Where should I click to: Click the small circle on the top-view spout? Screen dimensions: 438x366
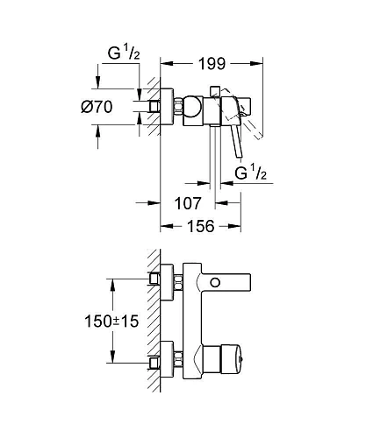[217, 282]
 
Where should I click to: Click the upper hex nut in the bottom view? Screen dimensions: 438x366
[177, 282]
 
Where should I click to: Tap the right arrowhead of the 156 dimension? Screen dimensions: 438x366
[240, 225]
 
